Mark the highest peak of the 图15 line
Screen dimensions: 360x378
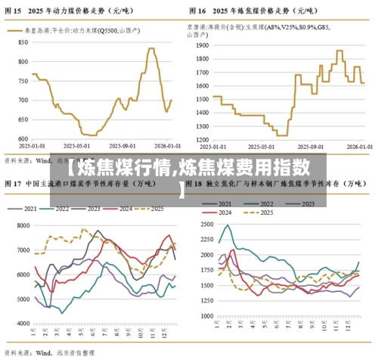tap(151, 48)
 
